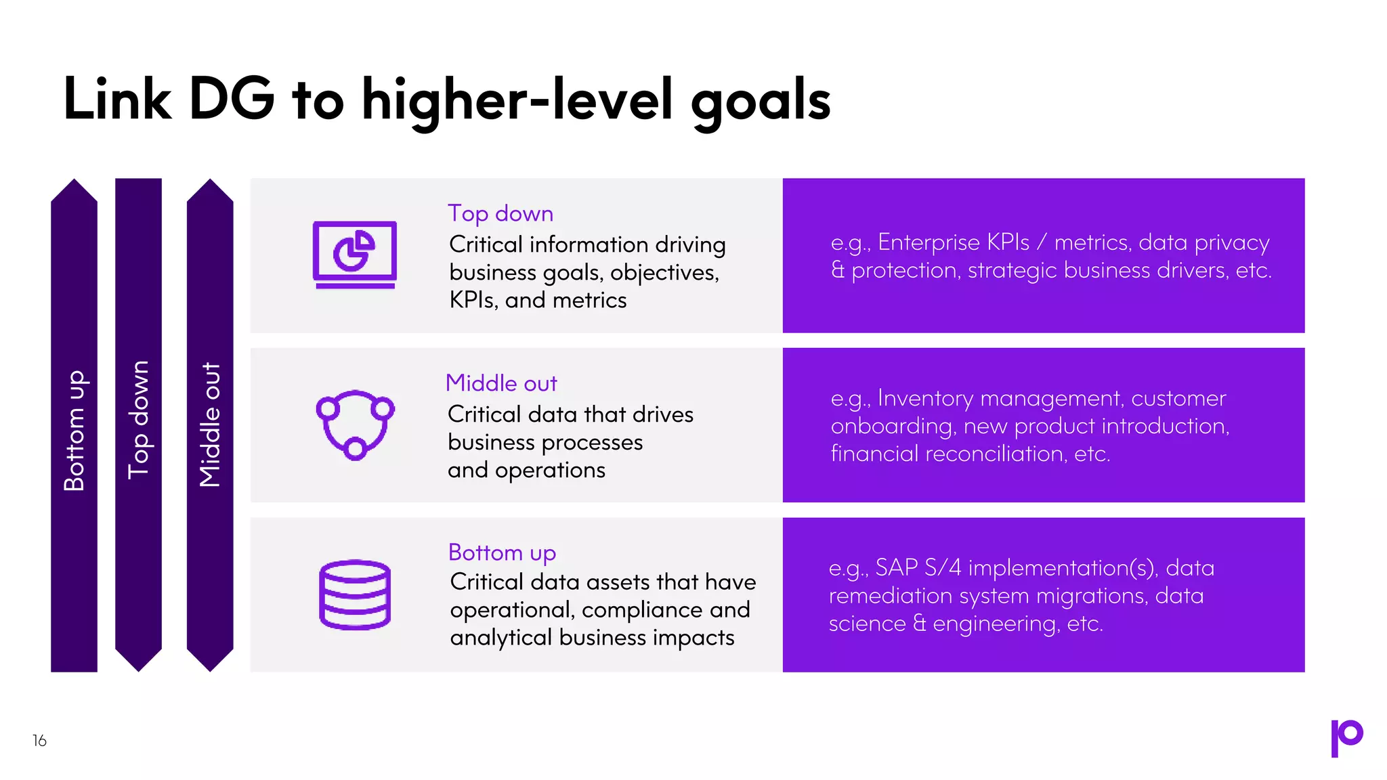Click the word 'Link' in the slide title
click(117, 100)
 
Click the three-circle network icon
click(355, 425)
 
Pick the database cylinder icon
click(354, 594)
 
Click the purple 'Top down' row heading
click(500, 213)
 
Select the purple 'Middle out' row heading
click(501, 383)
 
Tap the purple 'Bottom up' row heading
click(502, 552)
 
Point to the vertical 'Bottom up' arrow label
click(74, 431)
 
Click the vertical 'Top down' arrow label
click(138, 420)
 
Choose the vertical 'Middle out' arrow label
click(210, 425)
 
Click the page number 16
click(39, 741)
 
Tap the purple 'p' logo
click(1346, 737)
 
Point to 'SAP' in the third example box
click(896, 567)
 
